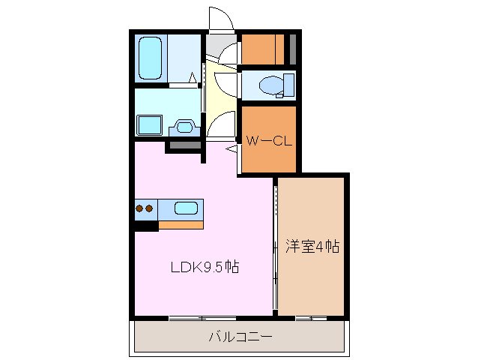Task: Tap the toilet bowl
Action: click(268, 85)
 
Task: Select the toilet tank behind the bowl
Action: click(286, 85)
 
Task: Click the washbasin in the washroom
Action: click(183, 127)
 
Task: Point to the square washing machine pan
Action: click(151, 124)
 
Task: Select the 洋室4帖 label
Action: click(312, 246)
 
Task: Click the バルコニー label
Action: click(240, 336)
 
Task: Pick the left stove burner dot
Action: click(140, 208)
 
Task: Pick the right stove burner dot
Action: click(149, 208)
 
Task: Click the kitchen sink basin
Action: click(186, 208)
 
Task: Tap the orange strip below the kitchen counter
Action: click(181, 224)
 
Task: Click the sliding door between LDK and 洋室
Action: click(276, 247)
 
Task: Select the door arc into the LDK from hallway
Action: click(220, 124)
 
